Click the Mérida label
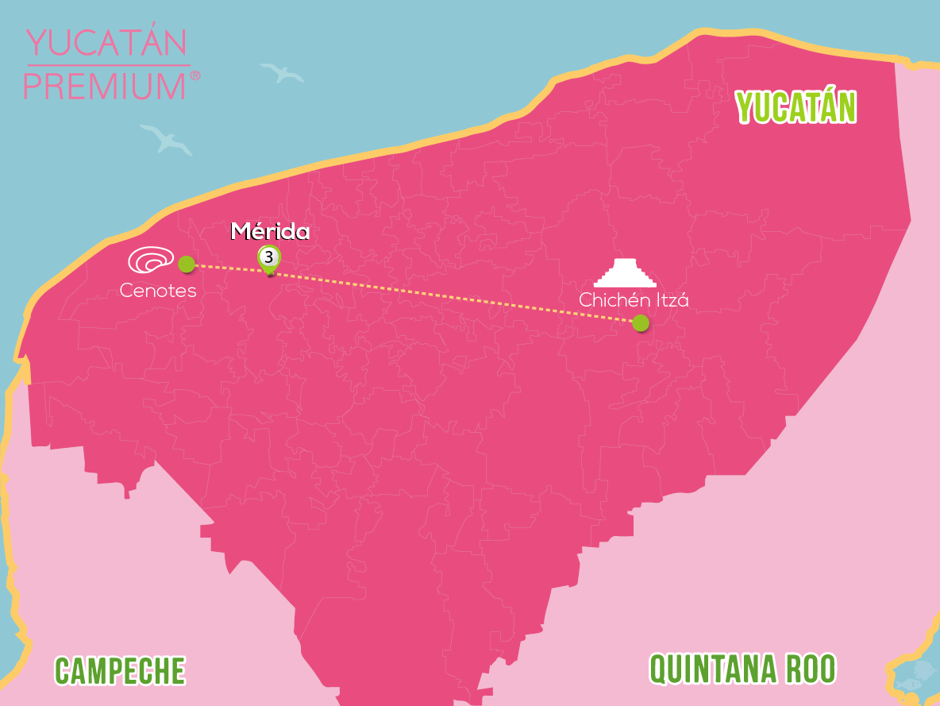coord(270,232)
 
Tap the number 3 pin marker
coord(269,257)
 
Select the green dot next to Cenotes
coord(186,264)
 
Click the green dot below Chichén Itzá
coord(640,322)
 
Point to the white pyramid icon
coord(626,273)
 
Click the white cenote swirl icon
coord(151,260)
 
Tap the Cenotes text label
coord(158,291)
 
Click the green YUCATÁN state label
coord(796,108)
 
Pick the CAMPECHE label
coord(120,671)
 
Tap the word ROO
coord(811,669)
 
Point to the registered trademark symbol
coord(195,75)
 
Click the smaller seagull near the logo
coord(283,73)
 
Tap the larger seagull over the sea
coord(166,139)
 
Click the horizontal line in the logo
coord(108,65)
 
